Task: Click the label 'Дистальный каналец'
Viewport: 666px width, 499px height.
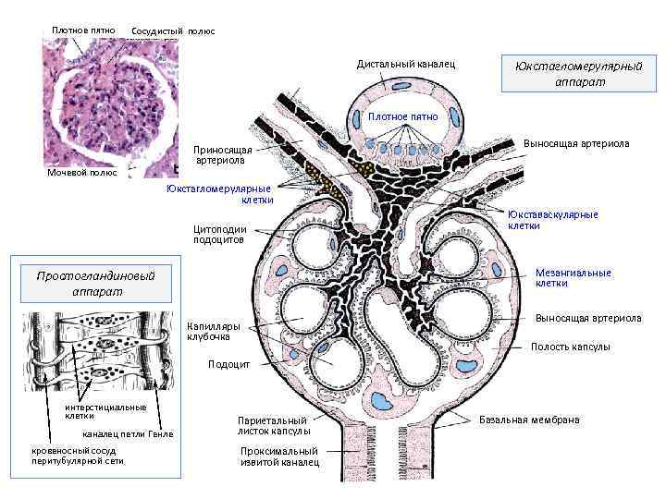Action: click(407, 64)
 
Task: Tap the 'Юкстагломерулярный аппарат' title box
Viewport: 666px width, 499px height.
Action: click(579, 73)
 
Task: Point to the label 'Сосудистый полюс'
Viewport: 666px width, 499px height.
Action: click(173, 31)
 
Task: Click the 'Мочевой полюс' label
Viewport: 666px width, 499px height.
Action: click(82, 174)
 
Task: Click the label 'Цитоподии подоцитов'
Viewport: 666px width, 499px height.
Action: click(219, 234)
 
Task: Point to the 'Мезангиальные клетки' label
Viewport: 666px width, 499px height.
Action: click(573, 277)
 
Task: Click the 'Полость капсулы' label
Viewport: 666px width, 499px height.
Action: click(570, 347)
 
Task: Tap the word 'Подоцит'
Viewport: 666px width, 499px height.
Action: click(228, 364)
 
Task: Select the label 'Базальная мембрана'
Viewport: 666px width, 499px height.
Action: click(529, 420)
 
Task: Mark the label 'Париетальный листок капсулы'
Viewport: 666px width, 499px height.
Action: click(274, 425)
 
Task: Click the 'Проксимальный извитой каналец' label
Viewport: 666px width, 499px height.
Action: click(278, 456)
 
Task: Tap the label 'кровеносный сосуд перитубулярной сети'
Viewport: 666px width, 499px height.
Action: click(79, 455)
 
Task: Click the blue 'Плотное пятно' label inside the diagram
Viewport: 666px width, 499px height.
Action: click(403, 116)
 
